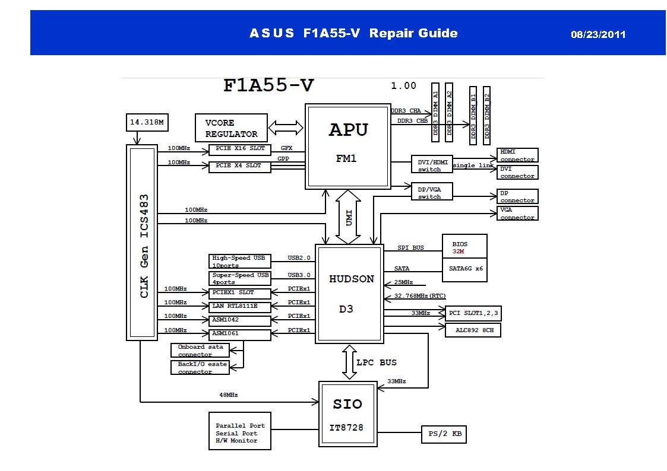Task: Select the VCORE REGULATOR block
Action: pos(231,128)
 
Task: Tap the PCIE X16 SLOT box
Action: pos(240,149)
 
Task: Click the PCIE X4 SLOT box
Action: pos(240,167)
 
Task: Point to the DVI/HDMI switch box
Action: pos(432,164)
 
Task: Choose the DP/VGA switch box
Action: pos(432,191)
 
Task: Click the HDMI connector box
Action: pos(517,155)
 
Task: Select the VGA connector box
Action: pos(517,213)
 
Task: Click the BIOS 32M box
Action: pos(464,246)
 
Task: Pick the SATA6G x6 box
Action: pos(464,269)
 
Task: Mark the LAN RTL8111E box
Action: pos(240,307)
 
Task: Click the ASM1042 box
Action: pos(240,320)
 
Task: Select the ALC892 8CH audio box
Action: pos(473,330)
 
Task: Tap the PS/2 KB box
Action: pos(443,434)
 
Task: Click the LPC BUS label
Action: pos(376,362)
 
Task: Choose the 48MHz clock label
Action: pos(229,394)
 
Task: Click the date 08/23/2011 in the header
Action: pos(598,34)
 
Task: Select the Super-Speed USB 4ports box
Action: pos(240,278)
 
